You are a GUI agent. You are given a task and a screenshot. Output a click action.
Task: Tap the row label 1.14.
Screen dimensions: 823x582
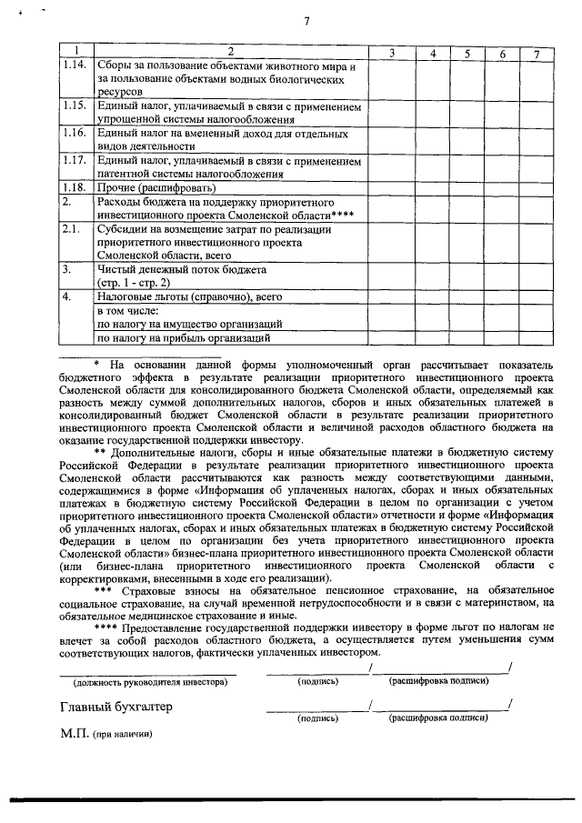[x=74, y=66]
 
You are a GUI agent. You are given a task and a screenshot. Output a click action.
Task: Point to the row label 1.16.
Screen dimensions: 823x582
[x=74, y=133]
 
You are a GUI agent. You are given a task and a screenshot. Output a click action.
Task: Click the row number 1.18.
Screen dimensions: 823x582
[x=74, y=187]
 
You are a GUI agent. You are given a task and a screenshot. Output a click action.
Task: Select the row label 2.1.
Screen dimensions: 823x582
[x=71, y=229]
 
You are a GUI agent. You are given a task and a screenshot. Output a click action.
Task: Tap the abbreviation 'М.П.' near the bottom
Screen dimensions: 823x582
[x=74, y=735]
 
